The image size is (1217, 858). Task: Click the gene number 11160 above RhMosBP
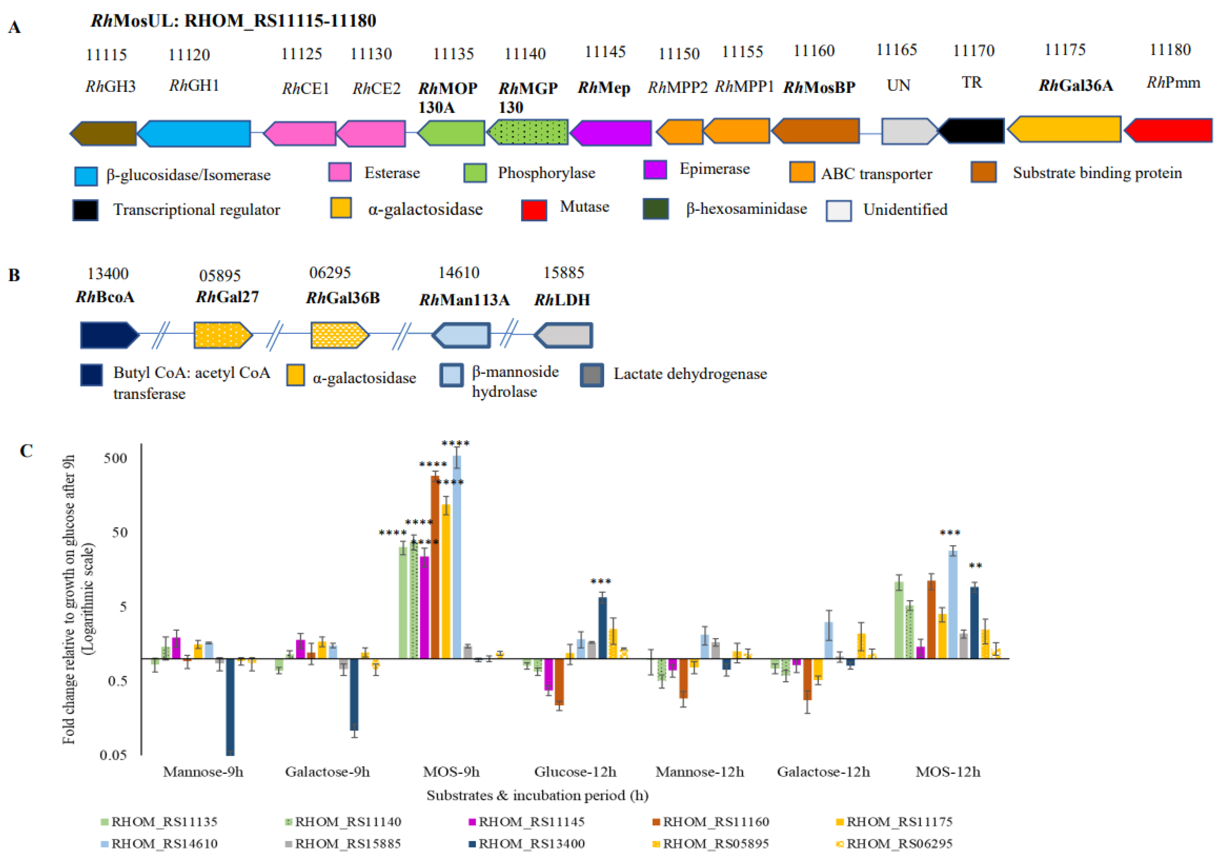(x=814, y=51)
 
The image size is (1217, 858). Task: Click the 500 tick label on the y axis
(x=115, y=458)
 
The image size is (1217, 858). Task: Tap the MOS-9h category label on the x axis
(x=451, y=772)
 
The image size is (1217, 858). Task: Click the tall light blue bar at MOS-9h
(x=456, y=556)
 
